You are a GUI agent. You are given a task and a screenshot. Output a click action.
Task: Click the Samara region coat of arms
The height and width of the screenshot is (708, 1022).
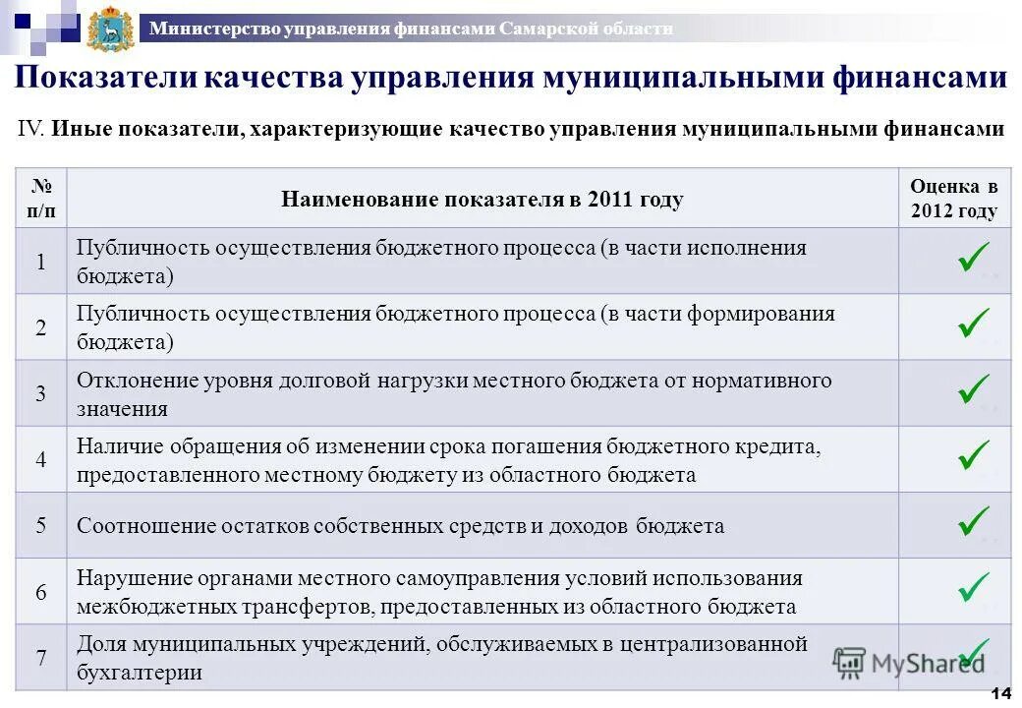(110, 29)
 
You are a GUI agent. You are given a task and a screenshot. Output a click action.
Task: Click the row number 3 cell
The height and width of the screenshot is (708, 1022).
(41, 393)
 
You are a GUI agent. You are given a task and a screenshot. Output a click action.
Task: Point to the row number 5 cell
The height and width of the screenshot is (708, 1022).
(41, 525)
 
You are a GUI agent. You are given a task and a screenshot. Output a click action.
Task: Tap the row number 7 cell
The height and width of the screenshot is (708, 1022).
(41, 658)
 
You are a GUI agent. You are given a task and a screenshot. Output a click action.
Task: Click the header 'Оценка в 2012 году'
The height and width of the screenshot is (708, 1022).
(953, 199)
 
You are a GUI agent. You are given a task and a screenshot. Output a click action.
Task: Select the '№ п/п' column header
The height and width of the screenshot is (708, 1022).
(41, 199)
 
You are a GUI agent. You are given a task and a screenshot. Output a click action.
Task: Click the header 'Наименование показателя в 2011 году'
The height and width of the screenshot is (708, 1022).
(482, 200)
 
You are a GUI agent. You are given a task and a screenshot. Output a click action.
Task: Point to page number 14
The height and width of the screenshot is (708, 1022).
(1001, 694)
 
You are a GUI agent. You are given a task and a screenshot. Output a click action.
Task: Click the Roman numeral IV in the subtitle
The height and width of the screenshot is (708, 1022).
(31, 129)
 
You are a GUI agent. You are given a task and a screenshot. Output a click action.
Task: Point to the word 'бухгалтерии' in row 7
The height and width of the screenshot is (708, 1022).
(140, 674)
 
